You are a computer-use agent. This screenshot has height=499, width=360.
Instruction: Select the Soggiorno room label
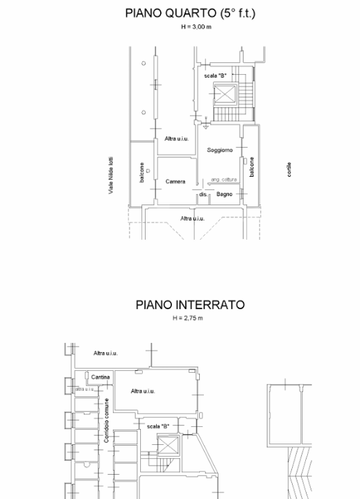[x=219, y=150]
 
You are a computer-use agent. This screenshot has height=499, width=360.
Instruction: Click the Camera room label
[x=175, y=182]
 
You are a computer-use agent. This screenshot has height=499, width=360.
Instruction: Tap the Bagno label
[x=224, y=195]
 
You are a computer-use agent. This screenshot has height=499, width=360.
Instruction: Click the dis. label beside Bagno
[x=203, y=195]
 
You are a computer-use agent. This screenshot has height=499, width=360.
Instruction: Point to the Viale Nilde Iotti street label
[x=111, y=175]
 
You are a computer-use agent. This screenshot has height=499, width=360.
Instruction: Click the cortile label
[x=289, y=169]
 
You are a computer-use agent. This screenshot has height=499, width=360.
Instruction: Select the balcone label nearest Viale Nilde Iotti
[x=142, y=171]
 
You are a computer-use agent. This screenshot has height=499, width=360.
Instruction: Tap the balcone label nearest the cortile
[x=252, y=166]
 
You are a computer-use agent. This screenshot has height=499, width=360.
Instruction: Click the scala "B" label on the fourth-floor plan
[x=215, y=75]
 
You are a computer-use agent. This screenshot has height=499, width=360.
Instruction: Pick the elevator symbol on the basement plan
[x=169, y=446]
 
